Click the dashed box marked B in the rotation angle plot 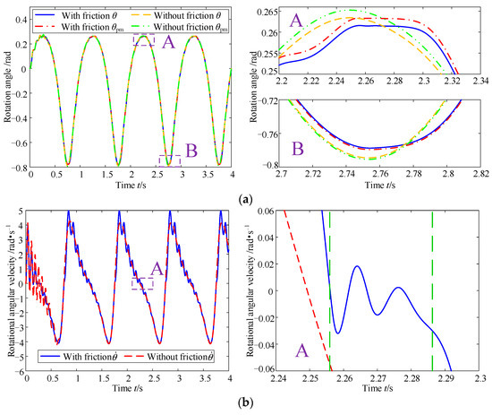pos(169,160)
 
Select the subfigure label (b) pos(245,404)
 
